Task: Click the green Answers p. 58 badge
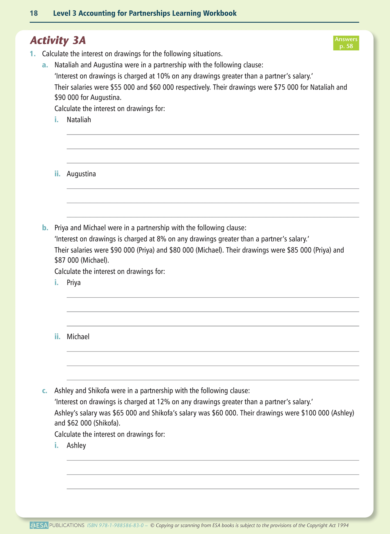pyautogui.click(x=346, y=43)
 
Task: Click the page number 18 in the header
pyautogui.click(x=34, y=13)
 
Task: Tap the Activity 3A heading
pyautogui.click(x=58, y=40)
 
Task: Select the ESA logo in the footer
pyautogui.click(x=39, y=525)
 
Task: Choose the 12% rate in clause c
pyautogui.click(x=163, y=402)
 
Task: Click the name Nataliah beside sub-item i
pyautogui.click(x=79, y=120)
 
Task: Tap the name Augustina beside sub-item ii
pyautogui.click(x=81, y=174)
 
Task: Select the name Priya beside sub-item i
pyautogui.click(x=74, y=283)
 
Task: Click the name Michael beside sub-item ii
pyautogui.click(x=78, y=337)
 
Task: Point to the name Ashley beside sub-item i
pyautogui.click(x=76, y=445)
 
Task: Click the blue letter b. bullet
pyautogui.click(x=45, y=228)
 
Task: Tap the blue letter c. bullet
pyautogui.click(x=45, y=391)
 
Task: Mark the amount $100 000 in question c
pyautogui.click(x=311, y=413)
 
